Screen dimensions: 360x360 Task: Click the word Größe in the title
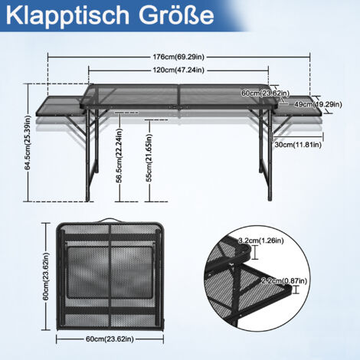[176, 15]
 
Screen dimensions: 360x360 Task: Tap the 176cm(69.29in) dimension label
[178, 57]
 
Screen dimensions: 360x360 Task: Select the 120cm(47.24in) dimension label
[178, 70]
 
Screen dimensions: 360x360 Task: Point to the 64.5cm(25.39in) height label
[28, 142]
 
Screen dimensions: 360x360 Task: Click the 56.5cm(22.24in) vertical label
[119, 155]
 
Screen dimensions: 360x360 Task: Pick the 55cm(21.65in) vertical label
[149, 158]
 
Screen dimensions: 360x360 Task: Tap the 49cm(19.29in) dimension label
[318, 104]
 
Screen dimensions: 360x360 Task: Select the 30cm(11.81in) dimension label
[298, 145]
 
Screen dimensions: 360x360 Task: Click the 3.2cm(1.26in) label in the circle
[261, 241]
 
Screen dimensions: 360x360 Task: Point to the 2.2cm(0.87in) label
[284, 281]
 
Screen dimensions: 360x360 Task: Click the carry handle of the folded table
[110, 220]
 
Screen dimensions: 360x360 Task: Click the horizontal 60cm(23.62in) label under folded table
[110, 339]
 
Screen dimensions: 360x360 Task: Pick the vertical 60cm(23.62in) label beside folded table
[46, 277]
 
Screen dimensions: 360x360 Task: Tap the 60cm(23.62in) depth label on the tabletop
[266, 93]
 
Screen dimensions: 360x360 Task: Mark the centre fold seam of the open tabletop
[178, 97]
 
